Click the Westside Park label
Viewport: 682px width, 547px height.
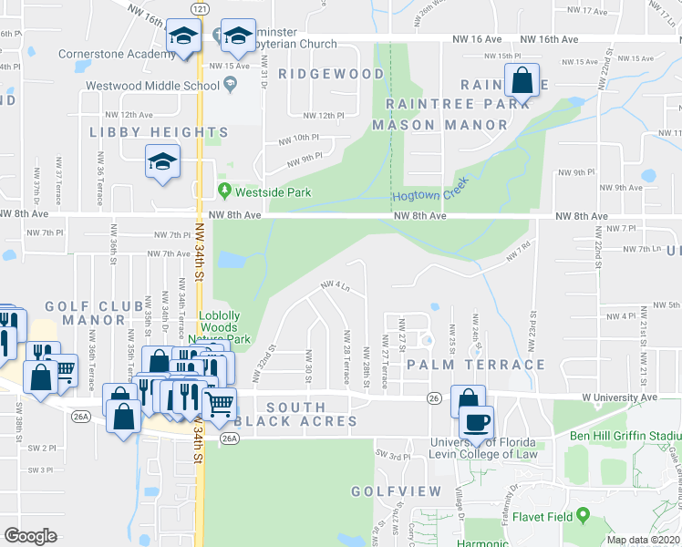pos(273,192)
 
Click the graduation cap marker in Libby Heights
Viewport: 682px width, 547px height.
pos(162,163)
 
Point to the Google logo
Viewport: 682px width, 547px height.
pos(31,536)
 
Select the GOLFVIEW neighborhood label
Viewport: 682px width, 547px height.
pos(396,491)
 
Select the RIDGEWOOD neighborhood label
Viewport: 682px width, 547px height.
pos(331,73)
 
